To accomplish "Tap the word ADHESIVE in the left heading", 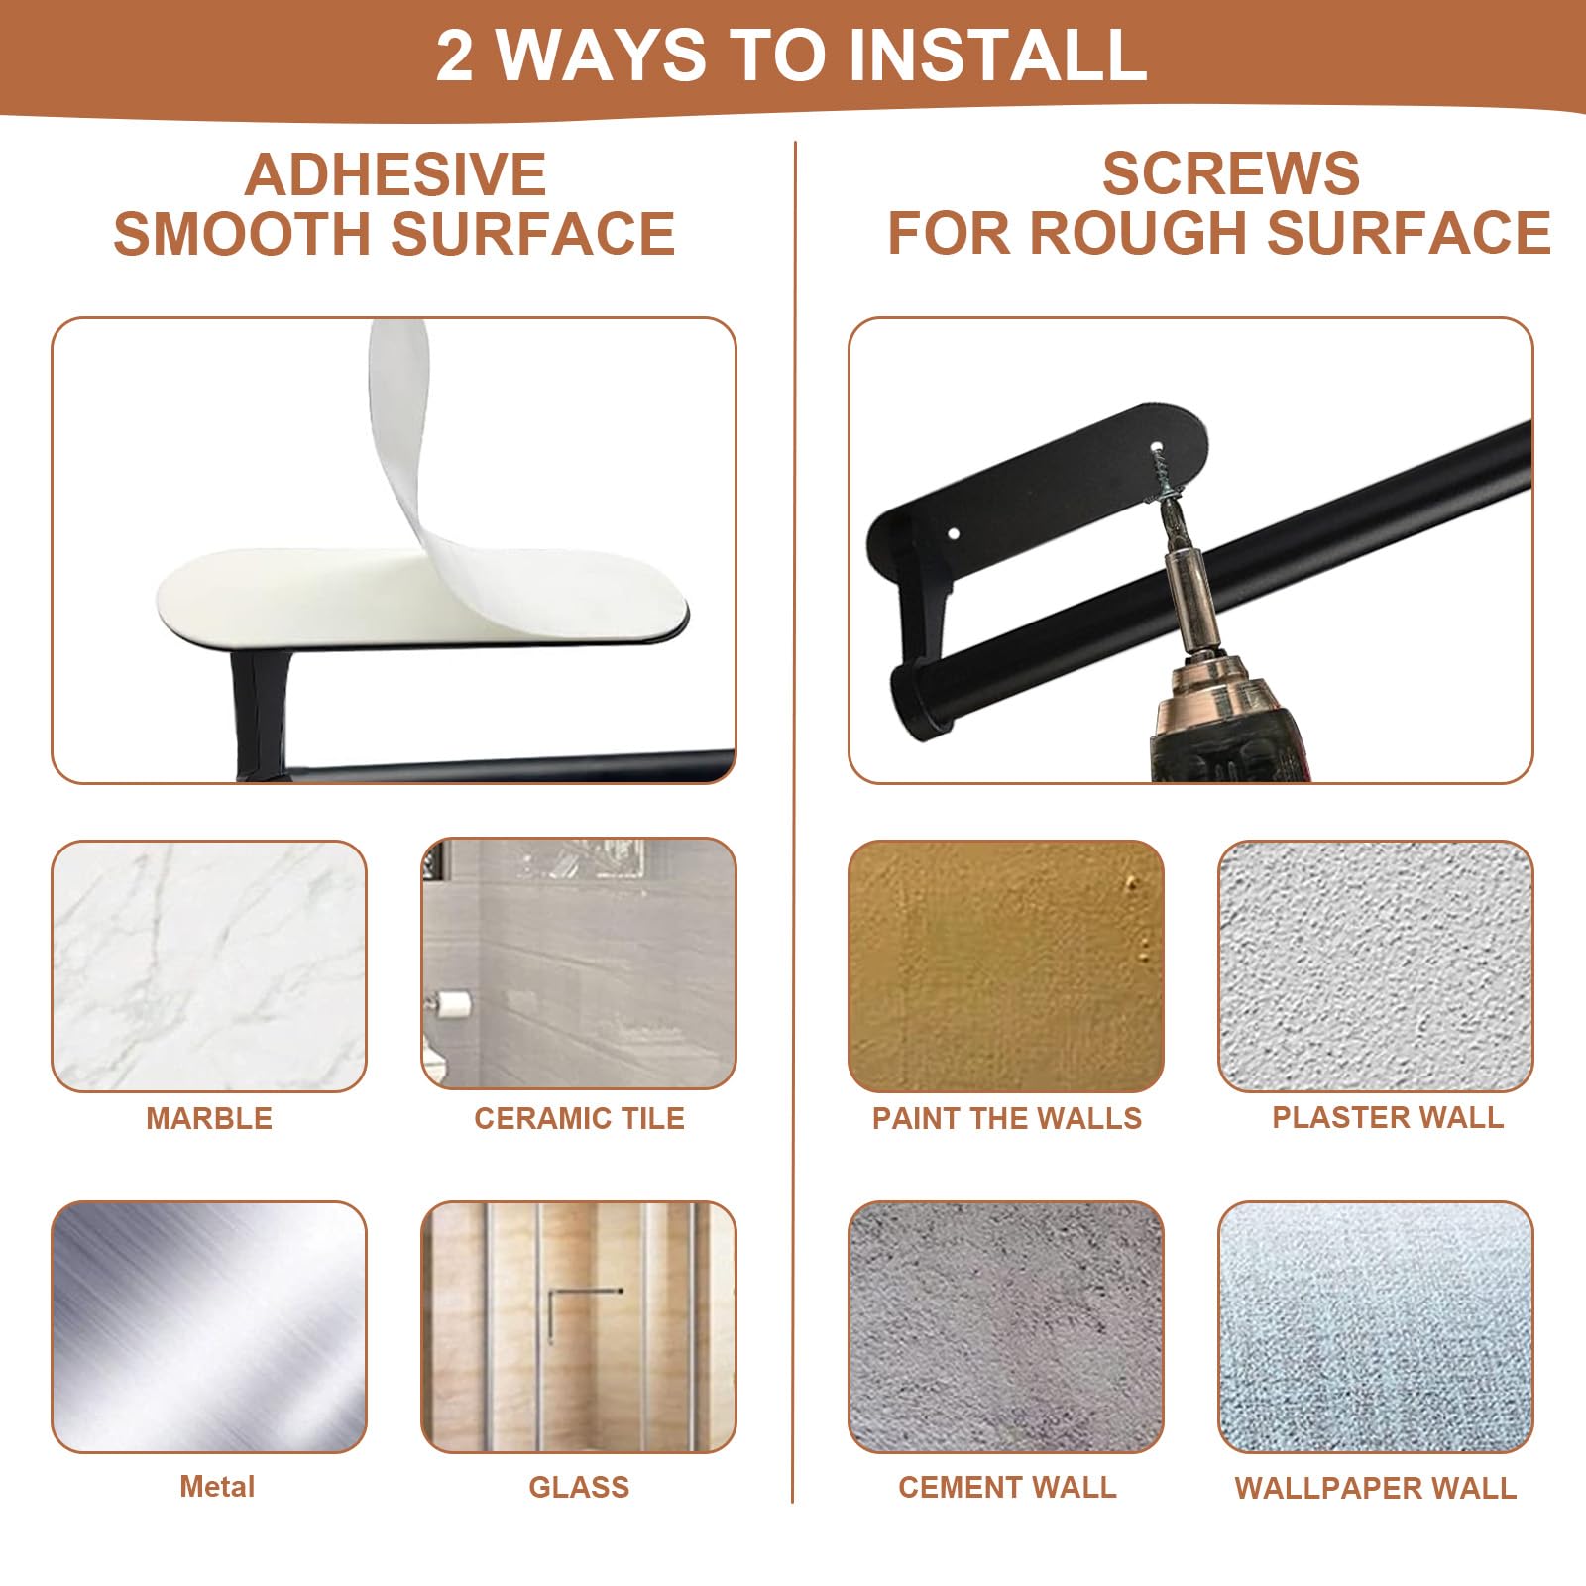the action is [396, 174].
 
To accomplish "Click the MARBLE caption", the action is [209, 1118].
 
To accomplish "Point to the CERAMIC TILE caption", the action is [579, 1118].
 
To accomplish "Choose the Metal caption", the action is [217, 1487].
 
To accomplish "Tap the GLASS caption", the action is [579, 1487].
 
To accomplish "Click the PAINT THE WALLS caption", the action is [1007, 1118].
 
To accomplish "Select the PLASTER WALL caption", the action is [1388, 1117].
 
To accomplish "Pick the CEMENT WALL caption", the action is [1007, 1487].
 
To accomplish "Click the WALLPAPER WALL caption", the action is [1376, 1488].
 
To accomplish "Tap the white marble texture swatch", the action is [209, 966].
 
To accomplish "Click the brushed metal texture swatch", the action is [209, 1327].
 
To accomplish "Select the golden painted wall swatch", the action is [1006, 966].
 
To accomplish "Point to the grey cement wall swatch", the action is [1006, 1327].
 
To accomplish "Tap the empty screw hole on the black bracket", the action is [954, 534].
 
